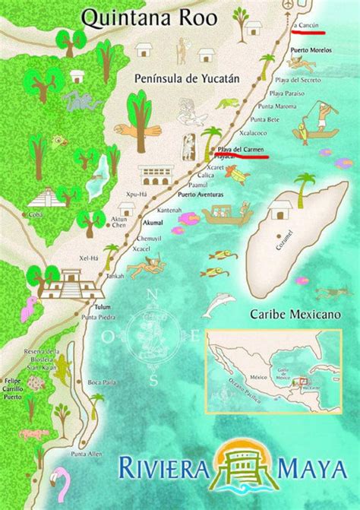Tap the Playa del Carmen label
(241, 150)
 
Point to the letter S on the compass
(154, 379)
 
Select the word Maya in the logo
(311, 463)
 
